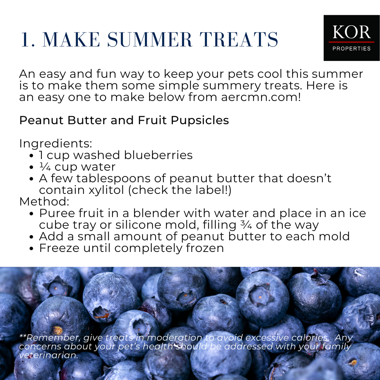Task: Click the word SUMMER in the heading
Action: tap(150, 39)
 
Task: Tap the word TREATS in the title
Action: tap(239, 39)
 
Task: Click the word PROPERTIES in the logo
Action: tap(351, 49)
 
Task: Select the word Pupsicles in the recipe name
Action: tap(200, 120)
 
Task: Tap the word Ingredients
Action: tap(56, 144)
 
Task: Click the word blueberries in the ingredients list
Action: tap(158, 155)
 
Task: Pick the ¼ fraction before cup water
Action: tap(45, 167)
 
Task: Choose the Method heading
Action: tap(44, 202)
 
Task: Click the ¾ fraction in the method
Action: tap(246, 225)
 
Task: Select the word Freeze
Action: tap(59, 248)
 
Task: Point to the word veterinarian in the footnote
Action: tap(49, 355)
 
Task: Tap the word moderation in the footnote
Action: tap(175, 337)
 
